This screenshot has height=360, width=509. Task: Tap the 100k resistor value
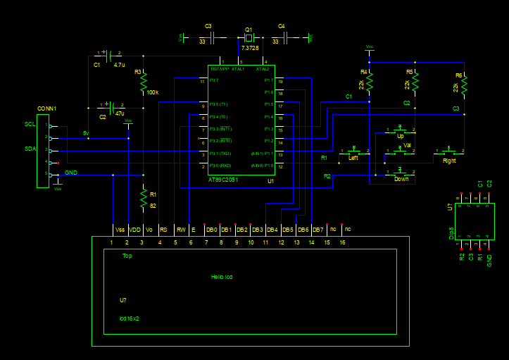coord(153,92)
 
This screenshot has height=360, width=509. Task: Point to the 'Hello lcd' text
coord(222,277)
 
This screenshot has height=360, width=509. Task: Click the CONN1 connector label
coord(46,108)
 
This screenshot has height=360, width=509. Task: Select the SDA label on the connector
coord(30,149)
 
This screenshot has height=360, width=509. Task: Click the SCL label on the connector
coord(30,124)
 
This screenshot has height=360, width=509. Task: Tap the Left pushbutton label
coord(353,158)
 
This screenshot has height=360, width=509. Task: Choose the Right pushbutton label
coord(449,161)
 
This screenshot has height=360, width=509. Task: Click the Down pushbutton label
coord(401,179)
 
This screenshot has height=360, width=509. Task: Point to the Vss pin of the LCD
coord(119,230)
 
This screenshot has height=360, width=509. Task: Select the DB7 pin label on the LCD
coord(318,230)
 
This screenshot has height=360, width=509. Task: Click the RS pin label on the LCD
coord(163,230)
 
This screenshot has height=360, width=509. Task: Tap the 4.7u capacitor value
coord(119,65)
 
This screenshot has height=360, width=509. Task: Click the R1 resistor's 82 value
coord(153,206)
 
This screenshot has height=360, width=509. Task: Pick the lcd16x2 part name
coord(130,318)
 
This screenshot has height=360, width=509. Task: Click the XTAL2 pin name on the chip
coord(263,69)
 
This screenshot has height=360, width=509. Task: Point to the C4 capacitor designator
coord(282,26)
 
